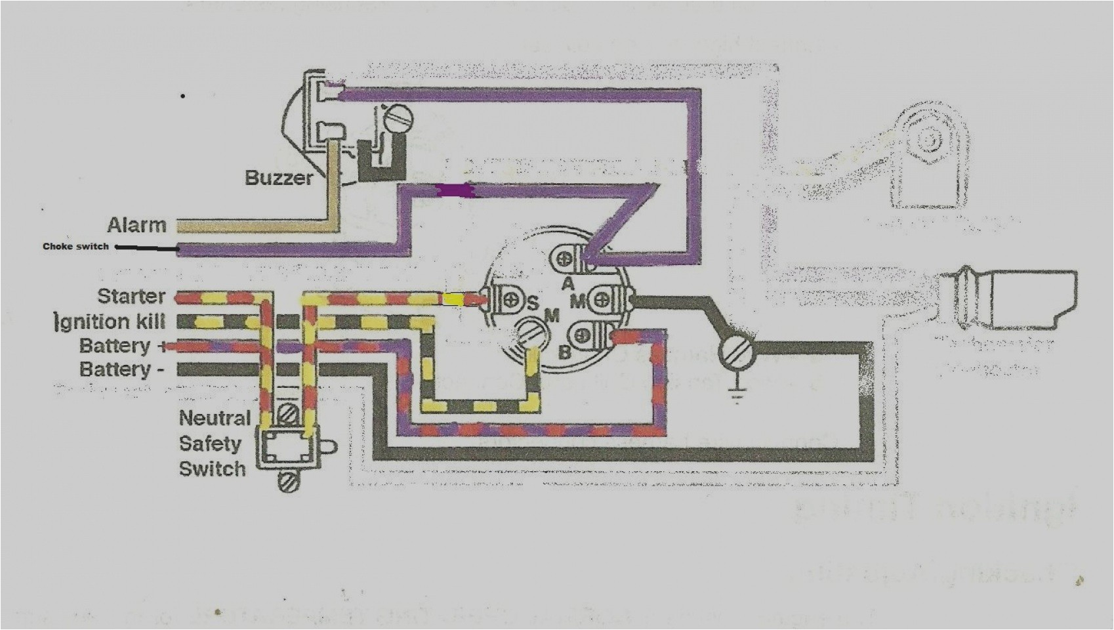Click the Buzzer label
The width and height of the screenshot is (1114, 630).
[279, 177]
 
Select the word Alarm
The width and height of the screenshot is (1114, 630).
[137, 225]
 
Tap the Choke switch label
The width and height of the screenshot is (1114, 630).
[75, 247]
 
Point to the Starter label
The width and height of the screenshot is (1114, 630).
[131, 297]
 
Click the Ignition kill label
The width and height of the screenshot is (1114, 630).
[110, 322]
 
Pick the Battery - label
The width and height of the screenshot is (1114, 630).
[121, 369]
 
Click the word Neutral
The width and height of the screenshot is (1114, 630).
[215, 418]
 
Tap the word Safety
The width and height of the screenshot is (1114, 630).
[210, 444]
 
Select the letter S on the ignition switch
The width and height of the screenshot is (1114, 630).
[532, 304]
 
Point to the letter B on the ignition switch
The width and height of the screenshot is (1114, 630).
[564, 352]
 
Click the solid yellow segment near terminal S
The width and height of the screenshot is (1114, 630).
[453, 300]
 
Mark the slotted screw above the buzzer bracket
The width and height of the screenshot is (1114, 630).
[395, 119]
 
